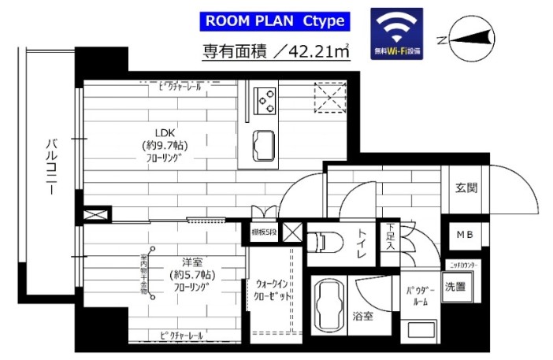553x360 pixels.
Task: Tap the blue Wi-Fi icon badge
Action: [x=396, y=35]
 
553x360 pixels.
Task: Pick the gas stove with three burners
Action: [x=266, y=100]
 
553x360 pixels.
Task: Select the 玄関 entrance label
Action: [x=466, y=188]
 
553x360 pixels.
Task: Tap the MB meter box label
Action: [x=465, y=235]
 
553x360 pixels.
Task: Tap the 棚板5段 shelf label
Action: [x=263, y=231]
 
